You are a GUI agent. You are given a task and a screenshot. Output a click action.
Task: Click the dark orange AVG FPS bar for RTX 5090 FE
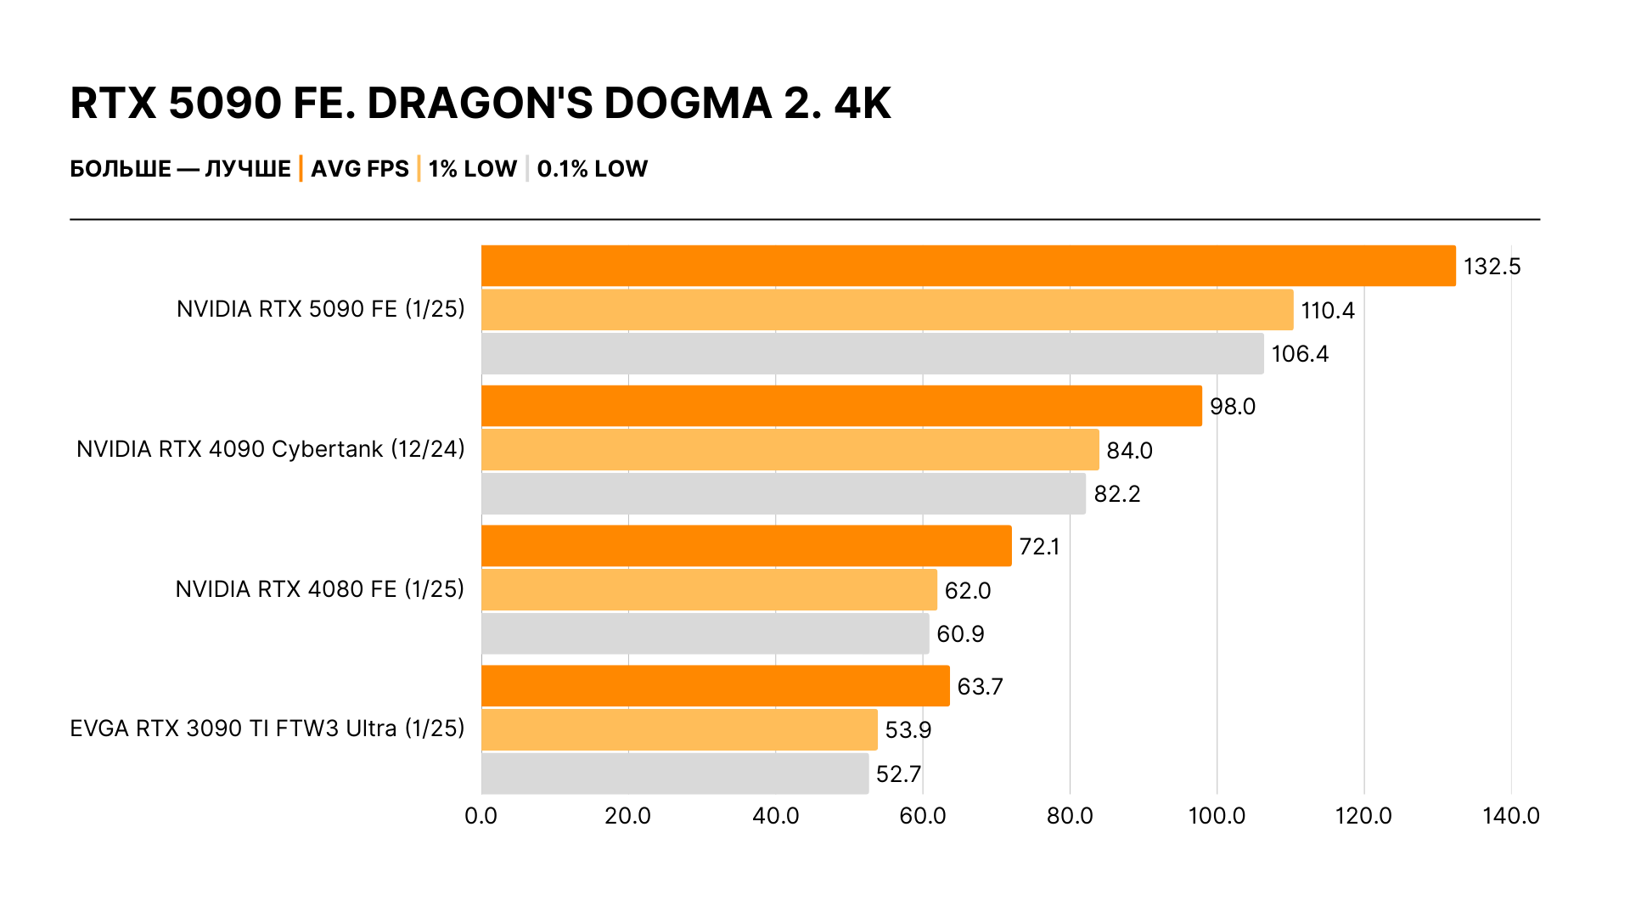click(x=968, y=266)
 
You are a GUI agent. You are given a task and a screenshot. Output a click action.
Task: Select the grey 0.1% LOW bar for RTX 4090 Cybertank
click(x=783, y=493)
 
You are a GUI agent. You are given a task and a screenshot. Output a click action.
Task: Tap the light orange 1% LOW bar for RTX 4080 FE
click(x=709, y=590)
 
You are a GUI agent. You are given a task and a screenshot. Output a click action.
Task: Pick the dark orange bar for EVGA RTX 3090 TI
click(x=715, y=686)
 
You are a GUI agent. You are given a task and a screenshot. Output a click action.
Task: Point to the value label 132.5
click(x=1492, y=267)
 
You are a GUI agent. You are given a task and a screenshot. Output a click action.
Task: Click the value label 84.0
click(x=1129, y=451)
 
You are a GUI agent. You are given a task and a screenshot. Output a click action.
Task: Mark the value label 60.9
click(x=960, y=634)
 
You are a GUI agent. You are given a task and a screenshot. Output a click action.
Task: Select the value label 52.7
click(x=898, y=774)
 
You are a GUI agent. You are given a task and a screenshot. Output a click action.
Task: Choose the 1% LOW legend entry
click(x=472, y=169)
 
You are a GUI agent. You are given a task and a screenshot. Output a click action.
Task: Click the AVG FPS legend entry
click(x=360, y=169)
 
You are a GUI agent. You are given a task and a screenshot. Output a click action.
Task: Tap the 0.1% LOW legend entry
click(x=592, y=169)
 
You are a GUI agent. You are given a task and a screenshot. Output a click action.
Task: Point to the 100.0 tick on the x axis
click(x=1217, y=816)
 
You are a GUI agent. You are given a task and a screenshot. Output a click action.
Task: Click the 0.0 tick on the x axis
click(x=481, y=816)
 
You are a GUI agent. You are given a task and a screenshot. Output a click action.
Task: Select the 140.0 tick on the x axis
click(x=1510, y=816)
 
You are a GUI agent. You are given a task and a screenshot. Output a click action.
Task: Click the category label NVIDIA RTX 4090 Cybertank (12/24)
click(x=270, y=449)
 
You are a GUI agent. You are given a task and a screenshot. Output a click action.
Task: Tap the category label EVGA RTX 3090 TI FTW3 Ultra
click(x=267, y=729)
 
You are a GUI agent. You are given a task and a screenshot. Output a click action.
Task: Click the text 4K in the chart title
click(x=863, y=104)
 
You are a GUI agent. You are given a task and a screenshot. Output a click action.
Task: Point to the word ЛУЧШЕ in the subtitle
click(x=248, y=169)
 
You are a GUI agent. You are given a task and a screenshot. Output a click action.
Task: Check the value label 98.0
click(x=1232, y=407)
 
